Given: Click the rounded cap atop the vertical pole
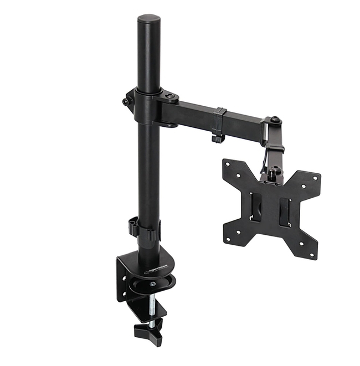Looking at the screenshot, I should point(148,21).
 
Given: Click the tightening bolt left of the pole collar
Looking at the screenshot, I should point(126,102).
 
